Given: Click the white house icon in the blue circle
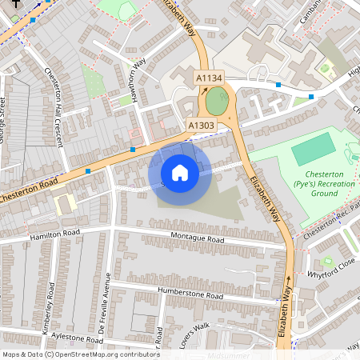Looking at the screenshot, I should click(180, 173).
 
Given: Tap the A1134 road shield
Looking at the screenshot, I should click(210, 78).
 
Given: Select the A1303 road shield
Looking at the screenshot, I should click(202, 126).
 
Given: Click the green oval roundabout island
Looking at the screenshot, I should click(216, 102).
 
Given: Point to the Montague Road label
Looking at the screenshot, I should click(198, 238).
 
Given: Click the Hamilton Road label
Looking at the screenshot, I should click(56, 236).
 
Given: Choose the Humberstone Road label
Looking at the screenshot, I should click(190, 294).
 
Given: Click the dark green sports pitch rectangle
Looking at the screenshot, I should click(312, 150).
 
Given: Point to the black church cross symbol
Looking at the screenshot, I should click(14, 3).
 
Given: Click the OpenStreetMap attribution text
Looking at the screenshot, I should click(81, 354).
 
